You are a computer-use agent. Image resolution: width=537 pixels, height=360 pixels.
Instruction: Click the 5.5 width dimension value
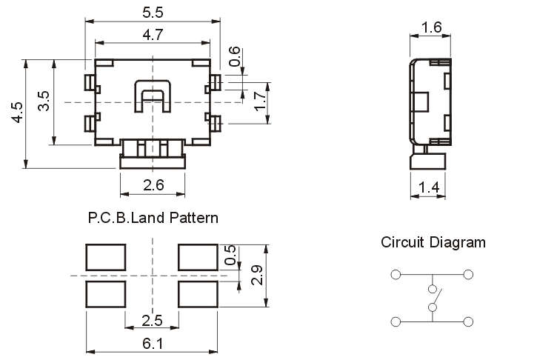tap(153, 13)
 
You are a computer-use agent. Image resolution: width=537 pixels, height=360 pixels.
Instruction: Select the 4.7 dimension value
tap(153, 34)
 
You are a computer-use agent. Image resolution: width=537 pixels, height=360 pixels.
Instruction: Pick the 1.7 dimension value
tap(259, 101)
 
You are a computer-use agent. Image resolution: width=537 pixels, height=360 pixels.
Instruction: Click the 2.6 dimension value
tap(153, 185)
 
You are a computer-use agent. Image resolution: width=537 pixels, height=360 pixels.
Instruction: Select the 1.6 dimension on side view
tap(430, 28)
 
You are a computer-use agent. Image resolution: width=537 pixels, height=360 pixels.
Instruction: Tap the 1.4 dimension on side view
tap(429, 188)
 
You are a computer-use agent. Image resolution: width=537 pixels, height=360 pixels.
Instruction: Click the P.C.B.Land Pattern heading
tap(153, 218)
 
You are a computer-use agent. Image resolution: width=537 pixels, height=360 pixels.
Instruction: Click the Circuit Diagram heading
tap(433, 242)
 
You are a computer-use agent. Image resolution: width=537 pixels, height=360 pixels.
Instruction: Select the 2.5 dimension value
tap(153, 320)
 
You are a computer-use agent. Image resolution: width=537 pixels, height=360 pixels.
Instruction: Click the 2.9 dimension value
tap(256, 275)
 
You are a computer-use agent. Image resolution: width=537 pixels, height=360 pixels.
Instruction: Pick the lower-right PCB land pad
tap(199, 293)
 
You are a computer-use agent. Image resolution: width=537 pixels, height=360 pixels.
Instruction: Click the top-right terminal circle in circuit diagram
tap(468, 274)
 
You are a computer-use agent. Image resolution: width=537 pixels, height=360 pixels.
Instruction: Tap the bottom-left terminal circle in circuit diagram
tap(396, 321)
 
